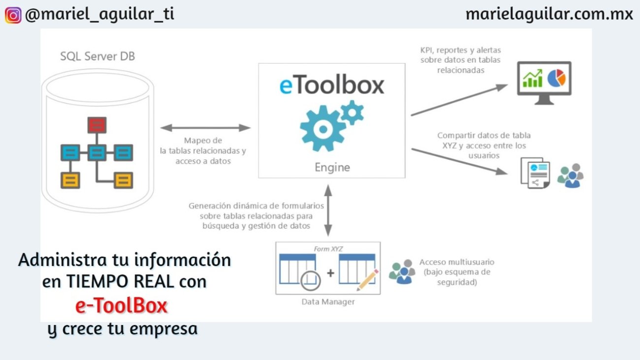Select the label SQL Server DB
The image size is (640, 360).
[97, 56]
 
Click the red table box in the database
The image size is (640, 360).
[96, 125]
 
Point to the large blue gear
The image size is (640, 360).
[322, 129]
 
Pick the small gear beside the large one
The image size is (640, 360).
[352, 112]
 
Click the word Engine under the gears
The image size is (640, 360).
[332, 167]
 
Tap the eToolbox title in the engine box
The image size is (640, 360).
[332, 85]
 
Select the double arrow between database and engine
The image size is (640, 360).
[205, 128]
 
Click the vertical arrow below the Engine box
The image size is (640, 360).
[328, 209]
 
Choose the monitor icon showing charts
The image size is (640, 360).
[544, 82]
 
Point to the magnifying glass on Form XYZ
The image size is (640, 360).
[310, 280]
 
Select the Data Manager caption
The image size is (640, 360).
[328, 301]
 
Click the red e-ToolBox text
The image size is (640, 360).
[121, 306]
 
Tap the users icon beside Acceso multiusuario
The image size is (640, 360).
[402, 272]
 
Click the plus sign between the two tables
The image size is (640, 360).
[330, 272]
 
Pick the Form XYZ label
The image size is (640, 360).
[328, 249]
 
